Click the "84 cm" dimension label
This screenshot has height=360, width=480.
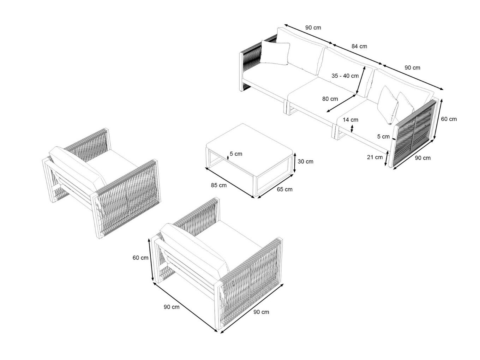click(x=359, y=46)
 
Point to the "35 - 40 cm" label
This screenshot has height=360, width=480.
click(x=345, y=76)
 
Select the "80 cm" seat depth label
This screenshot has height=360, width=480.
click(x=330, y=99)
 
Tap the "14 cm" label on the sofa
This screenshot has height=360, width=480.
click(x=350, y=120)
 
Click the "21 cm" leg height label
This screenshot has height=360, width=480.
click(x=375, y=157)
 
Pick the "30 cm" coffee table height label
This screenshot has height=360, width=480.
click(x=305, y=162)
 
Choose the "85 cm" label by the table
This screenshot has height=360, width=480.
click(x=219, y=185)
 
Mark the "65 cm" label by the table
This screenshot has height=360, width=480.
click(x=284, y=189)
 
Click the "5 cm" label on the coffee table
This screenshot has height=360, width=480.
click(x=236, y=154)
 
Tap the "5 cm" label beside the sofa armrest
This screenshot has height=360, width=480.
click(x=383, y=137)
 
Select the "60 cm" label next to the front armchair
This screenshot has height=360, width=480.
click(x=140, y=258)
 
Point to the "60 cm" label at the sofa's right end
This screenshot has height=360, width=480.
click(x=449, y=119)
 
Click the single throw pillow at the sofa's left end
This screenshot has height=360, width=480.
click(x=275, y=53)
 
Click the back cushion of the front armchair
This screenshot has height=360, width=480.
click(x=194, y=251)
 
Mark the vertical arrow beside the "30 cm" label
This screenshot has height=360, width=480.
click(x=295, y=163)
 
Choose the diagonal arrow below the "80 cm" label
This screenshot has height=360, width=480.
click(x=342, y=103)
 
